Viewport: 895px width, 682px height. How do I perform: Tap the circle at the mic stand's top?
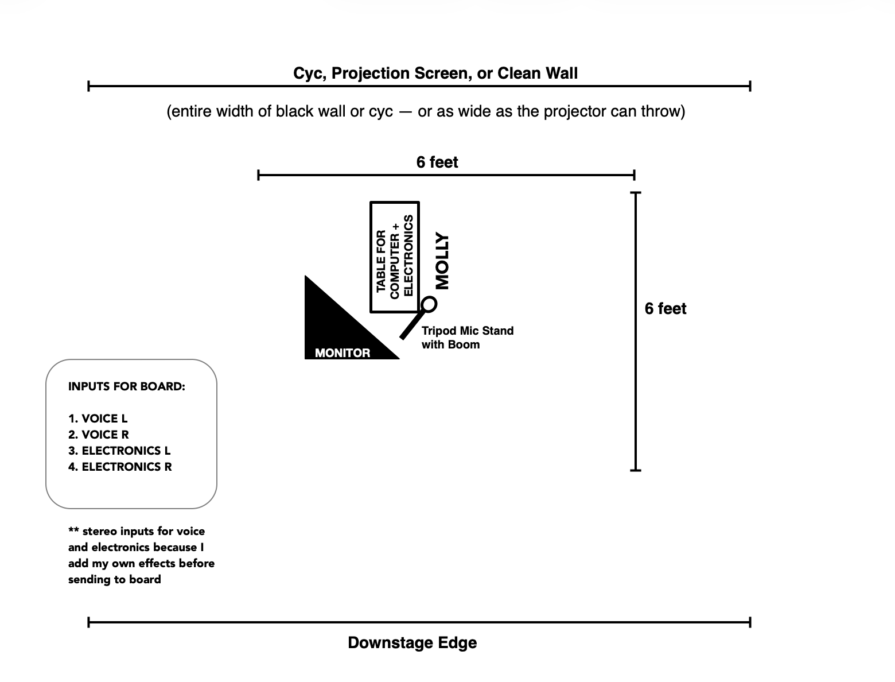coord(429,304)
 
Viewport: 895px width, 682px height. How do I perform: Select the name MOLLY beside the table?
coord(442,261)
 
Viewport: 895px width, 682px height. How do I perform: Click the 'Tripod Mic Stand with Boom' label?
coord(467,338)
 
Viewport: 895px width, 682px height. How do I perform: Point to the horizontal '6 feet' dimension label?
coord(437,162)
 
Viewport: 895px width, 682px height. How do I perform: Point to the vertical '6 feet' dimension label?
coord(666,309)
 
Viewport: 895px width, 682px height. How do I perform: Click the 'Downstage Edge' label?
coord(413,643)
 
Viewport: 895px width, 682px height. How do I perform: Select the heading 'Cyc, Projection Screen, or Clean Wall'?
coord(435,73)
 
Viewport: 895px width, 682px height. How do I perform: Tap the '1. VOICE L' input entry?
coord(98,418)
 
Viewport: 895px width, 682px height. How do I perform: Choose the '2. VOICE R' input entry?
coord(99,435)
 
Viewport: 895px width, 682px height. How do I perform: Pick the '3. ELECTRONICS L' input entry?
coord(119,451)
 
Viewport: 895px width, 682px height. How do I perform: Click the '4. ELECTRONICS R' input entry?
coord(120,467)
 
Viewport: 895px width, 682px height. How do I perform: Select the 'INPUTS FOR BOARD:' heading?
coord(127,387)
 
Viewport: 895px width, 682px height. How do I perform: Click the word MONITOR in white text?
coord(343,353)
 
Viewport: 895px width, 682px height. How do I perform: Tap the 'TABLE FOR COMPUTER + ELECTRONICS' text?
coord(394,257)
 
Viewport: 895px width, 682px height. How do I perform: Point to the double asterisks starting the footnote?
coord(73,530)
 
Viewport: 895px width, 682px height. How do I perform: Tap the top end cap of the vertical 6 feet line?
coord(636,192)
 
